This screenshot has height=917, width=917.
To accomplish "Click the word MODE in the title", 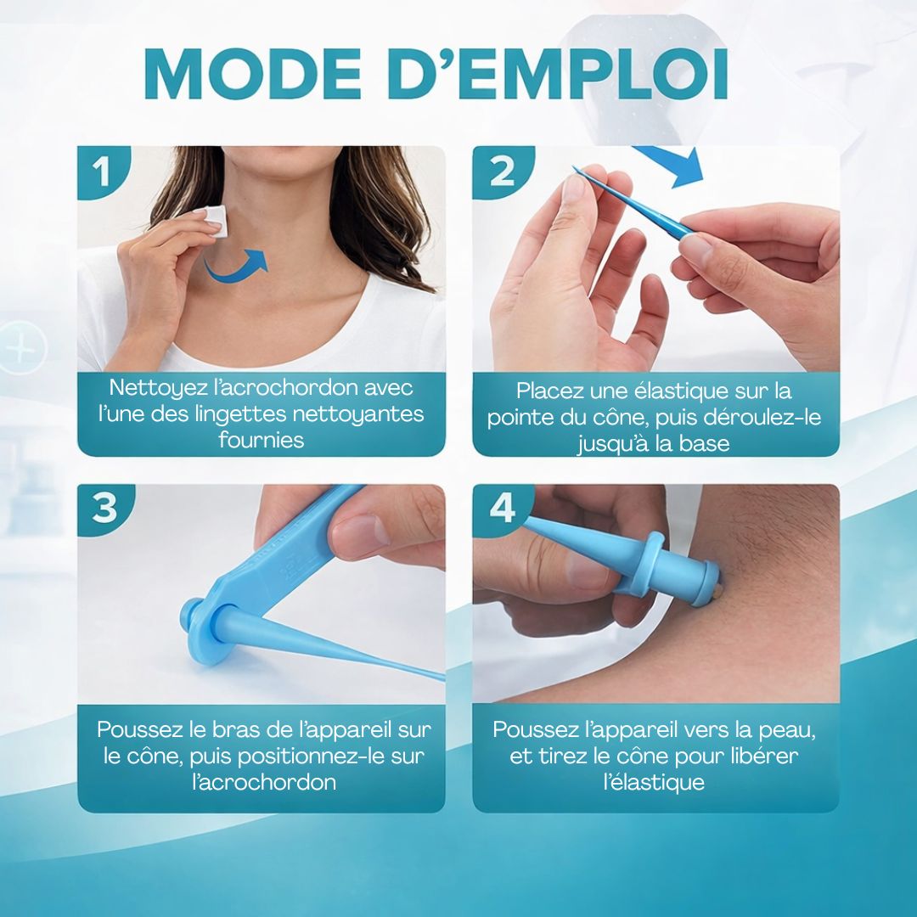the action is [253, 74].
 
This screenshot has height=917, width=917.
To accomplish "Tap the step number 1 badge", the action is [102, 171].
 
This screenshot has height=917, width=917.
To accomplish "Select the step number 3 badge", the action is [104, 508].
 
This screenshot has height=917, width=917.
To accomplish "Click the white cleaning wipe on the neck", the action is [215, 221].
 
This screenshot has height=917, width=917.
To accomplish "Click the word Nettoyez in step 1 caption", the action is [157, 388].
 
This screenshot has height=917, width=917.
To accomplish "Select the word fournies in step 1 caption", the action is [262, 440].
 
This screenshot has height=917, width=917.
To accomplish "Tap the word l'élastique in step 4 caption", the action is [654, 782].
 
